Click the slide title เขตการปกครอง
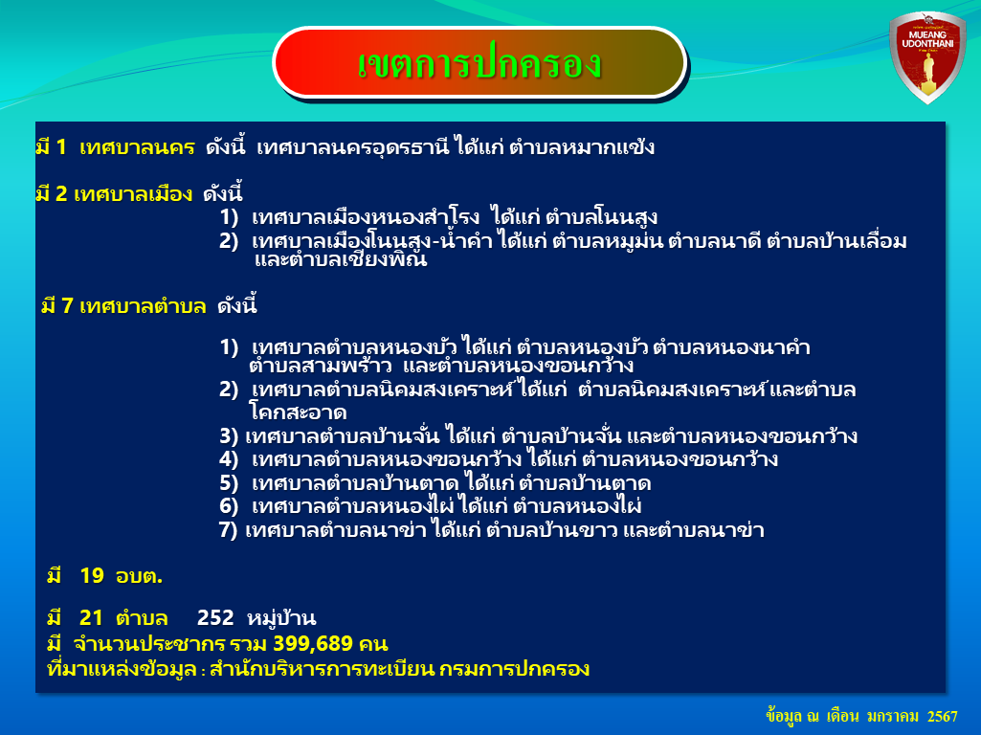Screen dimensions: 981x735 (x=479, y=63)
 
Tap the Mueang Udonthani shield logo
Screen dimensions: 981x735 (x=927, y=56)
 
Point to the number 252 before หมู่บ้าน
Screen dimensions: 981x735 (x=215, y=618)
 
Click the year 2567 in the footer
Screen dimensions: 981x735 (x=942, y=716)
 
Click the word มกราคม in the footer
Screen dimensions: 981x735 (x=893, y=716)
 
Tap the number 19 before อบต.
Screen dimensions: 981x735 (x=92, y=575)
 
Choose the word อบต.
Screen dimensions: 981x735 (x=139, y=576)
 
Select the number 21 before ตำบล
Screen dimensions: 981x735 (x=91, y=618)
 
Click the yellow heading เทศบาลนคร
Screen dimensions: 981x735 (x=137, y=147)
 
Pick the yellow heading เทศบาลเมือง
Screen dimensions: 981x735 (x=133, y=194)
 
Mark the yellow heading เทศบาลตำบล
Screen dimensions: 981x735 (x=143, y=306)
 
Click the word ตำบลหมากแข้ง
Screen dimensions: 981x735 (x=582, y=147)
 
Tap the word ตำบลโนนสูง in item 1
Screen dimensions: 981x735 (x=601, y=217)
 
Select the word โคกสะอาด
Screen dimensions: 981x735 (x=298, y=412)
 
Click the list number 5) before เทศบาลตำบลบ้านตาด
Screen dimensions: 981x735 (x=229, y=483)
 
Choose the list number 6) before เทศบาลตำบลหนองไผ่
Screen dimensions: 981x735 (x=229, y=506)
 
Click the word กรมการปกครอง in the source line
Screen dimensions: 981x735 (x=514, y=669)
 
